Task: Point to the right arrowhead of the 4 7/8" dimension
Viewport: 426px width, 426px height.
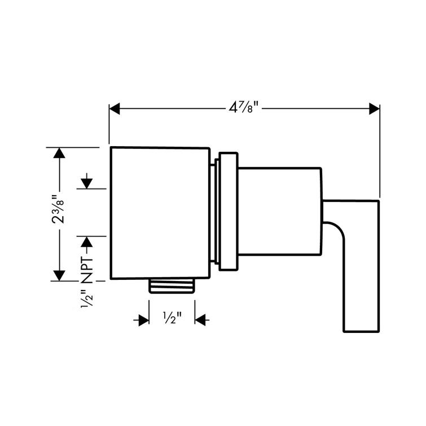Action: [374, 108]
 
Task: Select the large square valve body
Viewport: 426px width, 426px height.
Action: [160, 213]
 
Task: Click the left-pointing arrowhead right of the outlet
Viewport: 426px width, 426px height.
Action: [201, 320]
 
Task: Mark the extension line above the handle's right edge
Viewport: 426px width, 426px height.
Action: [379, 152]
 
